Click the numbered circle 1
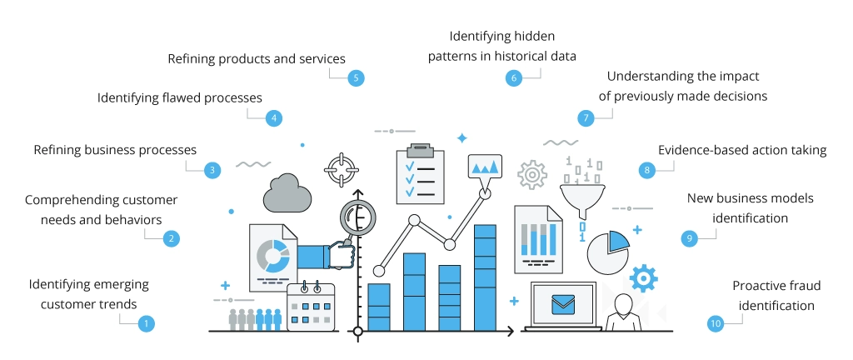tap(147, 323)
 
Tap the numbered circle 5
tap(357, 77)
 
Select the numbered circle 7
tap(586, 117)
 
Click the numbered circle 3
tap(212, 170)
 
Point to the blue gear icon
tap(643, 277)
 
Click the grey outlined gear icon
tap(531, 175)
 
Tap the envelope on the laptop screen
tap(564, 304)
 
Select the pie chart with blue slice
tap(607, 251)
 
